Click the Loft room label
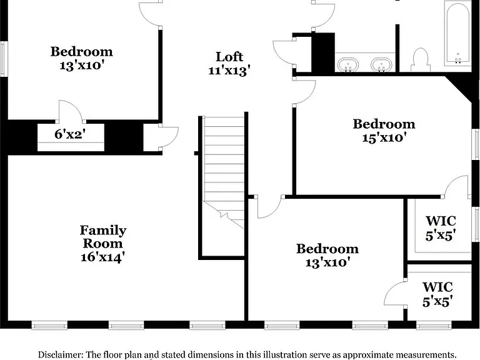[229, 57]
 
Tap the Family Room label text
[103, 237]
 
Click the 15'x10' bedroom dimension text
[384, 137]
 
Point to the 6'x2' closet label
[70, 134]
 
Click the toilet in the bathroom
[420, 59]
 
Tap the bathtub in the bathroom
[457, 34]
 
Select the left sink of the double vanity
[348, 65]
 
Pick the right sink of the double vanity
[381, 65]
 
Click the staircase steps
[224, 171]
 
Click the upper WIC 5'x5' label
[441, 228]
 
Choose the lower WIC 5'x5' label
[437, 294]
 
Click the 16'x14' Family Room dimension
[103, 257]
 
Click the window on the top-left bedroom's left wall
[2, 58]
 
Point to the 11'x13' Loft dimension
[229, 71]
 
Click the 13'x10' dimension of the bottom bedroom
[327, 262]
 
